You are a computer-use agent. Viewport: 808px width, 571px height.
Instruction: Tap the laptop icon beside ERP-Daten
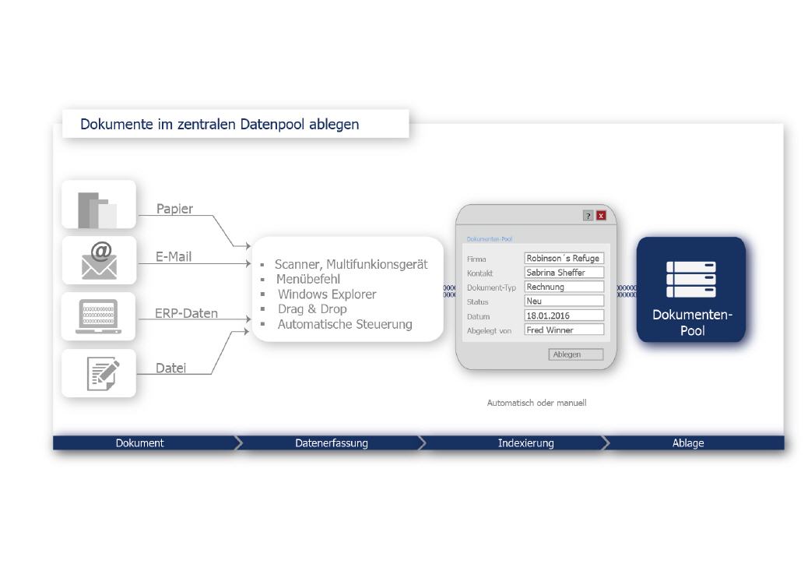click(x=98, y=316)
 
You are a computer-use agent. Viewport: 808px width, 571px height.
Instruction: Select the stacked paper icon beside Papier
click(x=97, y=210)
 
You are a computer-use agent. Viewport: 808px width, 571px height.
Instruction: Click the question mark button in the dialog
click(x=588, y=216)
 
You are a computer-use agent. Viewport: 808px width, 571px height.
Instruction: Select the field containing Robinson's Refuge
click(x=564, y=258)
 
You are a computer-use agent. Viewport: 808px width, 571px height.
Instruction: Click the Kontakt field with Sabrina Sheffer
click(x=564, y=273)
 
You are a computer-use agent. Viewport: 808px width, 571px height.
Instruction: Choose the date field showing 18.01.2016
click(x=564, y=315)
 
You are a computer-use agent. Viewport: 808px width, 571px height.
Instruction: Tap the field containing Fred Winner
click(x=564, y=330)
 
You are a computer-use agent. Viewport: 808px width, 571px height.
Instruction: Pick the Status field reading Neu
click(x=564, y=301)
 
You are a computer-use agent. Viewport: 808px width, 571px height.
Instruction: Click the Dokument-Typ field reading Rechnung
click(x=564, y=287)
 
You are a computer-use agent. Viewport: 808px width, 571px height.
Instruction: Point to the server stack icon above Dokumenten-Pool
click(x=691, y=280)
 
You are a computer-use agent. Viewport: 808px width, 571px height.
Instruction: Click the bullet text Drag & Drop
click(x=312, y=309)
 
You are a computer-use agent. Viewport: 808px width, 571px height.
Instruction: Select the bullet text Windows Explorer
click(x=327, y=294)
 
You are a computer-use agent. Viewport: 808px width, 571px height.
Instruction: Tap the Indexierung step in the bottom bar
click(x=525, y=443)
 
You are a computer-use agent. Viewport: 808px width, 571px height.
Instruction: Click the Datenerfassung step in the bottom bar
click(x=332, y=443)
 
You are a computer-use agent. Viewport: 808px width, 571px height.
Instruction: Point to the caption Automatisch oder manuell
click(x=536, y=403)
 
